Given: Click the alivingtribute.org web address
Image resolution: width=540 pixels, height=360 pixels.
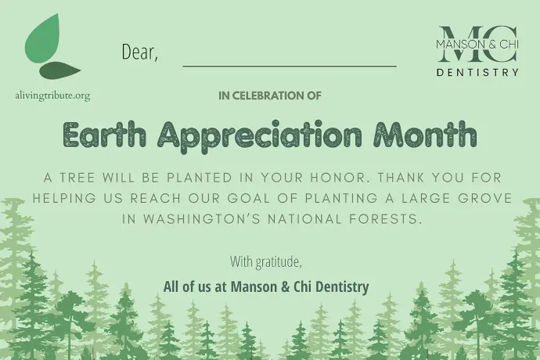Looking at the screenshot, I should click(x=52, y=95).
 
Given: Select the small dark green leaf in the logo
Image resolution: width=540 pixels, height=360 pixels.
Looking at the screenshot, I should click(x=60, y=70).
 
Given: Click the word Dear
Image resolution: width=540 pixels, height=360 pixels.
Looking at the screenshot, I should click(x=139, y=52).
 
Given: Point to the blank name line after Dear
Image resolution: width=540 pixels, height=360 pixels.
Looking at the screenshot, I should click(x=290, y=65).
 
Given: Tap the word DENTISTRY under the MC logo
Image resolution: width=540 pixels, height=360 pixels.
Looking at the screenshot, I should click(x=477, y=72).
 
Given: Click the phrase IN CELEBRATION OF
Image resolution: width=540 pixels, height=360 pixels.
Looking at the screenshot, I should click(x=270, y=96).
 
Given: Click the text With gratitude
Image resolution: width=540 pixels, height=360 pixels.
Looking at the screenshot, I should click(x=266, y=261).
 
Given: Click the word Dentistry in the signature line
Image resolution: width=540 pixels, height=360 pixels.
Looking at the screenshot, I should click(x=340, y=286).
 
